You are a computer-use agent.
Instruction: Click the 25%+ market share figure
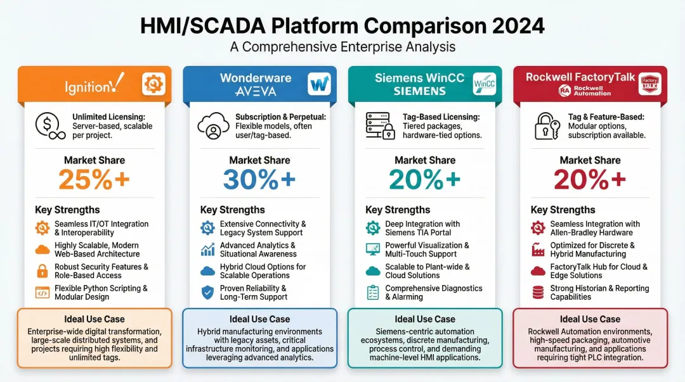[x=94, y=180]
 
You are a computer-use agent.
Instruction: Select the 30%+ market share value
[x=259, y=180]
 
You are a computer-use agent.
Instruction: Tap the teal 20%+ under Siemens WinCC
[x=425, y=180]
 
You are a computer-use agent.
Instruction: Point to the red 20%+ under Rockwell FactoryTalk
[x=590, y=180]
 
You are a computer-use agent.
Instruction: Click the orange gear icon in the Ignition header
[x=153, y=84]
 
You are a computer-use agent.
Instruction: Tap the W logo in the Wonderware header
[x=319, y=84]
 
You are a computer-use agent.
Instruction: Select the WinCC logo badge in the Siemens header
[x=484, y=84]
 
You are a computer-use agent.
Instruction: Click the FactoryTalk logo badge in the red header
[x=649, y=84]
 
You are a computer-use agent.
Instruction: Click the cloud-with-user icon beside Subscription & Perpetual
[x=213, y=125]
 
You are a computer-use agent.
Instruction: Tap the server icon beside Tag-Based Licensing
[x=379, y=125]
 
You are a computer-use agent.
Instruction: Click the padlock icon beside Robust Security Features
[x=42, y=271]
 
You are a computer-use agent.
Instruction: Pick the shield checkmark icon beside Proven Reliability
[x=207, y=293]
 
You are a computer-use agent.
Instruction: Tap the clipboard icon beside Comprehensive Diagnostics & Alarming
[x=373, y=293]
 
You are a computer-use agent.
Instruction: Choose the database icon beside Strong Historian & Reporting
[x=538, y=293]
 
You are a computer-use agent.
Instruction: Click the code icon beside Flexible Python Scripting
[x=42, y=293]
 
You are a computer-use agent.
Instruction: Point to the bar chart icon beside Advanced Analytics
[x=207, y=250]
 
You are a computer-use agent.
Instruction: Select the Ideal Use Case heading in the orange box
[x=94, y=319]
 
